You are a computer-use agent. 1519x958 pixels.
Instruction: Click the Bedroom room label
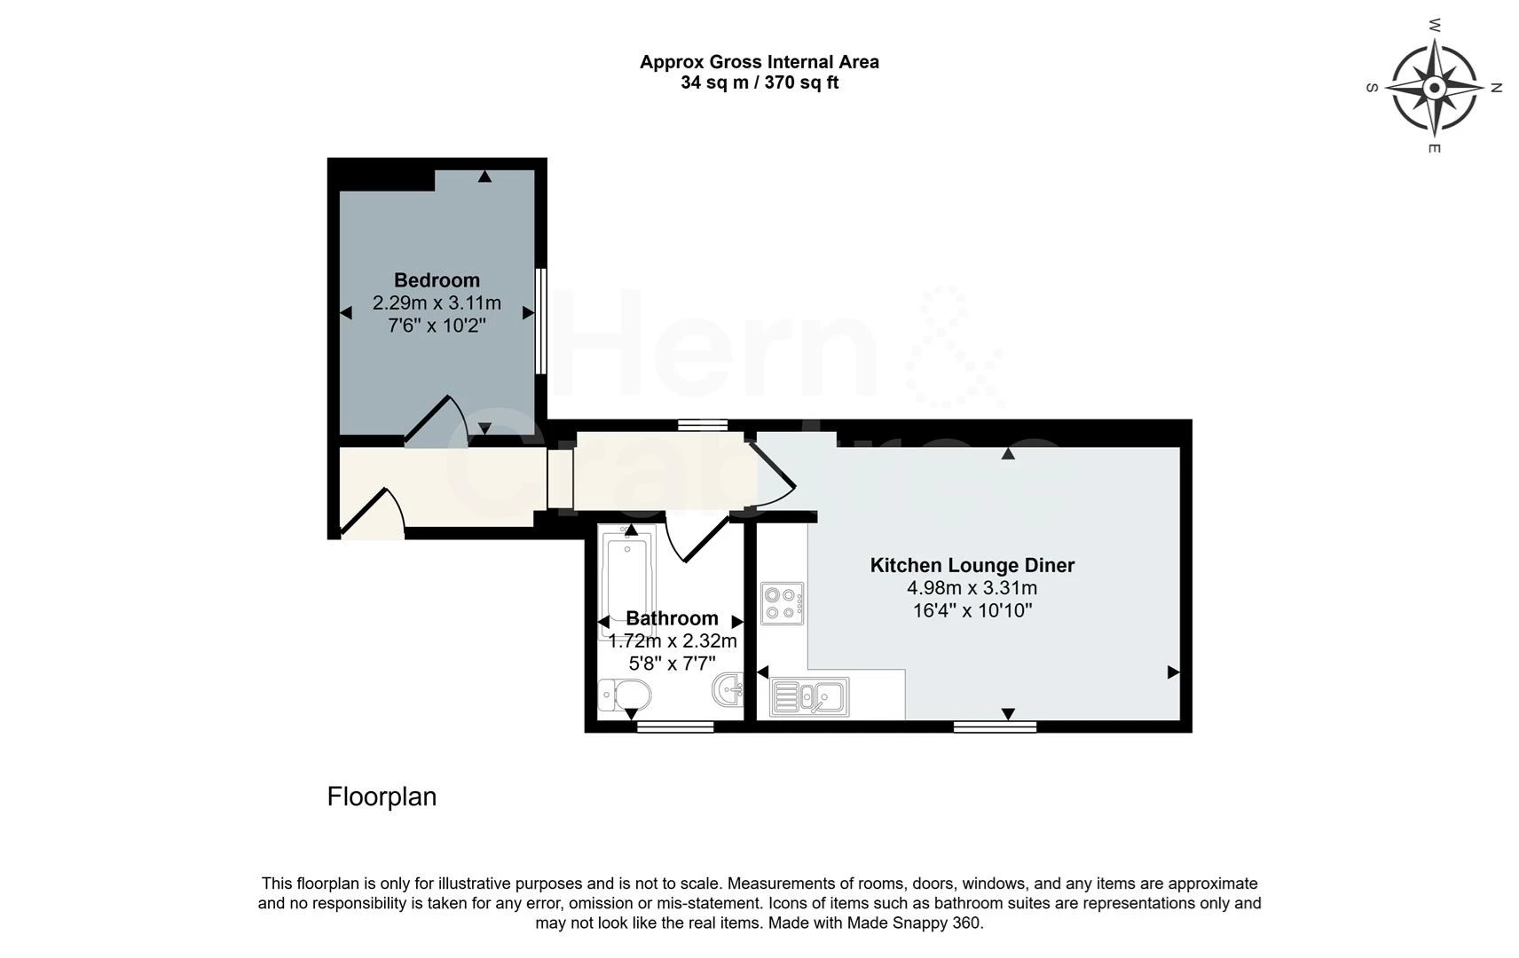[437, 280]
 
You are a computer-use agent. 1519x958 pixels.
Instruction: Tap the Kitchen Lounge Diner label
[972, 565]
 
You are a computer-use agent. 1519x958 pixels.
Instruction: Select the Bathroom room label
[672, 618]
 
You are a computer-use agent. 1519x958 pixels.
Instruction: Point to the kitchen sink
[809, 696]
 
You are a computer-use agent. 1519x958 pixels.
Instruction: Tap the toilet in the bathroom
[624, 695]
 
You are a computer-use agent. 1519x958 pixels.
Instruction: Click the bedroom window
[539, 321]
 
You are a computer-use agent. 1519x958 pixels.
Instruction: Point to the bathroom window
[675, 727]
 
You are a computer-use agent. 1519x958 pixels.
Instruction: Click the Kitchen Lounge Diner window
[995, 727]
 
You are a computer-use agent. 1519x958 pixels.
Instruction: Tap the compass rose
[1434, 87]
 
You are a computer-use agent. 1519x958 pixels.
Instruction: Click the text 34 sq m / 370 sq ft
[759, 82]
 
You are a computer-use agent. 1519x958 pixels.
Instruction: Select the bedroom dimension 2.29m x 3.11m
[437, 303]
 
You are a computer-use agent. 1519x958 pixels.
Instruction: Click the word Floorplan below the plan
[382, 797]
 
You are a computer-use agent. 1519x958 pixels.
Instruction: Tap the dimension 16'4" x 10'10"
[972, 610]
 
